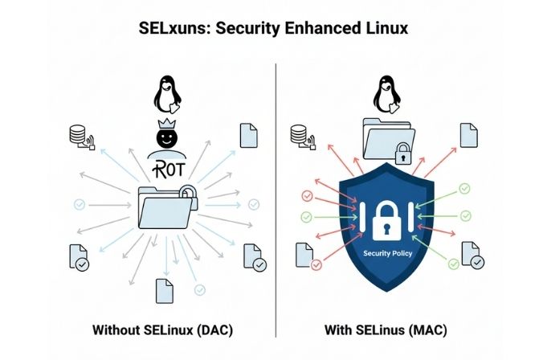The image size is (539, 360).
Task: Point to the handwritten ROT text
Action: (166, 168)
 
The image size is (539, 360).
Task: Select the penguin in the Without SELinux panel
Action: (166, 95)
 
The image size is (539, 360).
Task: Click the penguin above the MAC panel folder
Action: (386, 95)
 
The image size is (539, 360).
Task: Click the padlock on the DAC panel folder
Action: (186, 194)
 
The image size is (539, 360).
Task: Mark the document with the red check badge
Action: (306, 256)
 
